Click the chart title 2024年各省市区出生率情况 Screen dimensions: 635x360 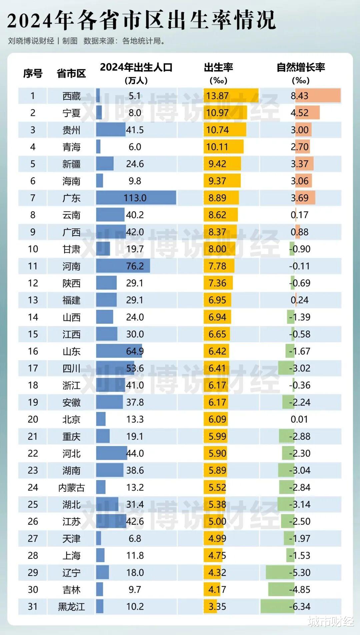[141, 20]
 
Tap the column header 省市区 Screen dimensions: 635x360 [71, 73]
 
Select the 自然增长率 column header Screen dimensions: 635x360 [301, 68]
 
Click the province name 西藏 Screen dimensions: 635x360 [71, 96]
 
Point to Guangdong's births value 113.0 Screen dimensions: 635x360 [135, 198]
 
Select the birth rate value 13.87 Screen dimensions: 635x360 [217, 96]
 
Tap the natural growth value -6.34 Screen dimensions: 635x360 [300, 606]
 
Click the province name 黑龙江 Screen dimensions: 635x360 [71, 606]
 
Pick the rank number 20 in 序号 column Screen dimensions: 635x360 [33, 419]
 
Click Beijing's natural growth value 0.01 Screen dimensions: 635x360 [299, 419]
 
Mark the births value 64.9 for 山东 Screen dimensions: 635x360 [135, 351]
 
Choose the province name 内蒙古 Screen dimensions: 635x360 [71, 488]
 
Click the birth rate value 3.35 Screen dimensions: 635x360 [217, 606]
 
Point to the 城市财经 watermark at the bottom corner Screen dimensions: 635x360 [331, 621]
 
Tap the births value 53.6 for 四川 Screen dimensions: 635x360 [135, 368]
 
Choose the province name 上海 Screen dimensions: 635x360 [71, 555]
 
